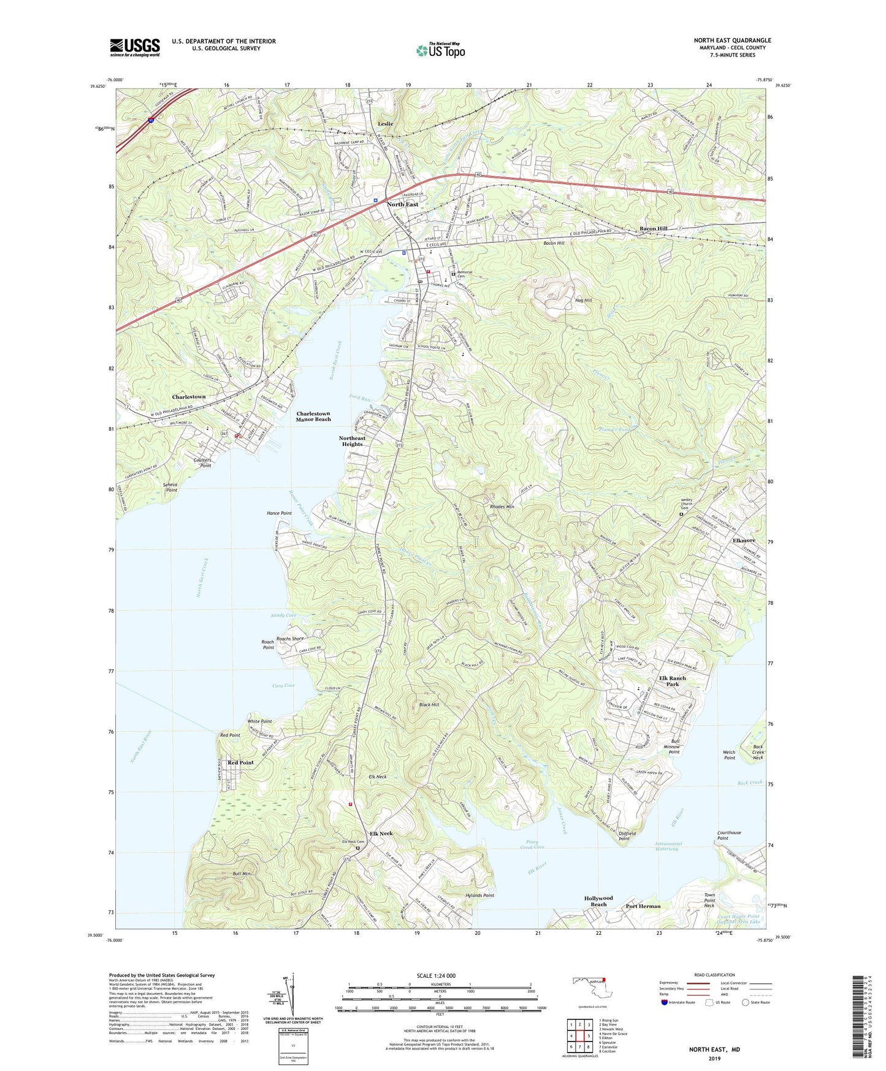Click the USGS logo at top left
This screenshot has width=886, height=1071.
[x=135, y=47]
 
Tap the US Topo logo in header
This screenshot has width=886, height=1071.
[x=440, y=50]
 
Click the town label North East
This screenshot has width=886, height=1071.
[x=402, y=204]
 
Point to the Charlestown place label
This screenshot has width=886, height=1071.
[x=188, y=397]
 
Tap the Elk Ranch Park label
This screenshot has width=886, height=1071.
[x=672, y=681]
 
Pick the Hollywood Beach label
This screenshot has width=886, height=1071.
[x=598, y=901]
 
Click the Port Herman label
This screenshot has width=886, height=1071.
[x=643, y=906]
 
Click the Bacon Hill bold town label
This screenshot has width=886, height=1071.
[x=654, y=228]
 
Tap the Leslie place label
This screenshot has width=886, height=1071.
[x=386, y=124]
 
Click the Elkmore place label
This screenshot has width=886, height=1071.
[x=744, y=540]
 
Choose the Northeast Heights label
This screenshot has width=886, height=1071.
[x=352, y=441]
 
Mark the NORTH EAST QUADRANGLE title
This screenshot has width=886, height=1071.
[x=732, y=40]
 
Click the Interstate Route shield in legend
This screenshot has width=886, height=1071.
[x=664, y=1002]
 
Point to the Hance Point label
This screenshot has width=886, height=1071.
[x=279, y=513]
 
